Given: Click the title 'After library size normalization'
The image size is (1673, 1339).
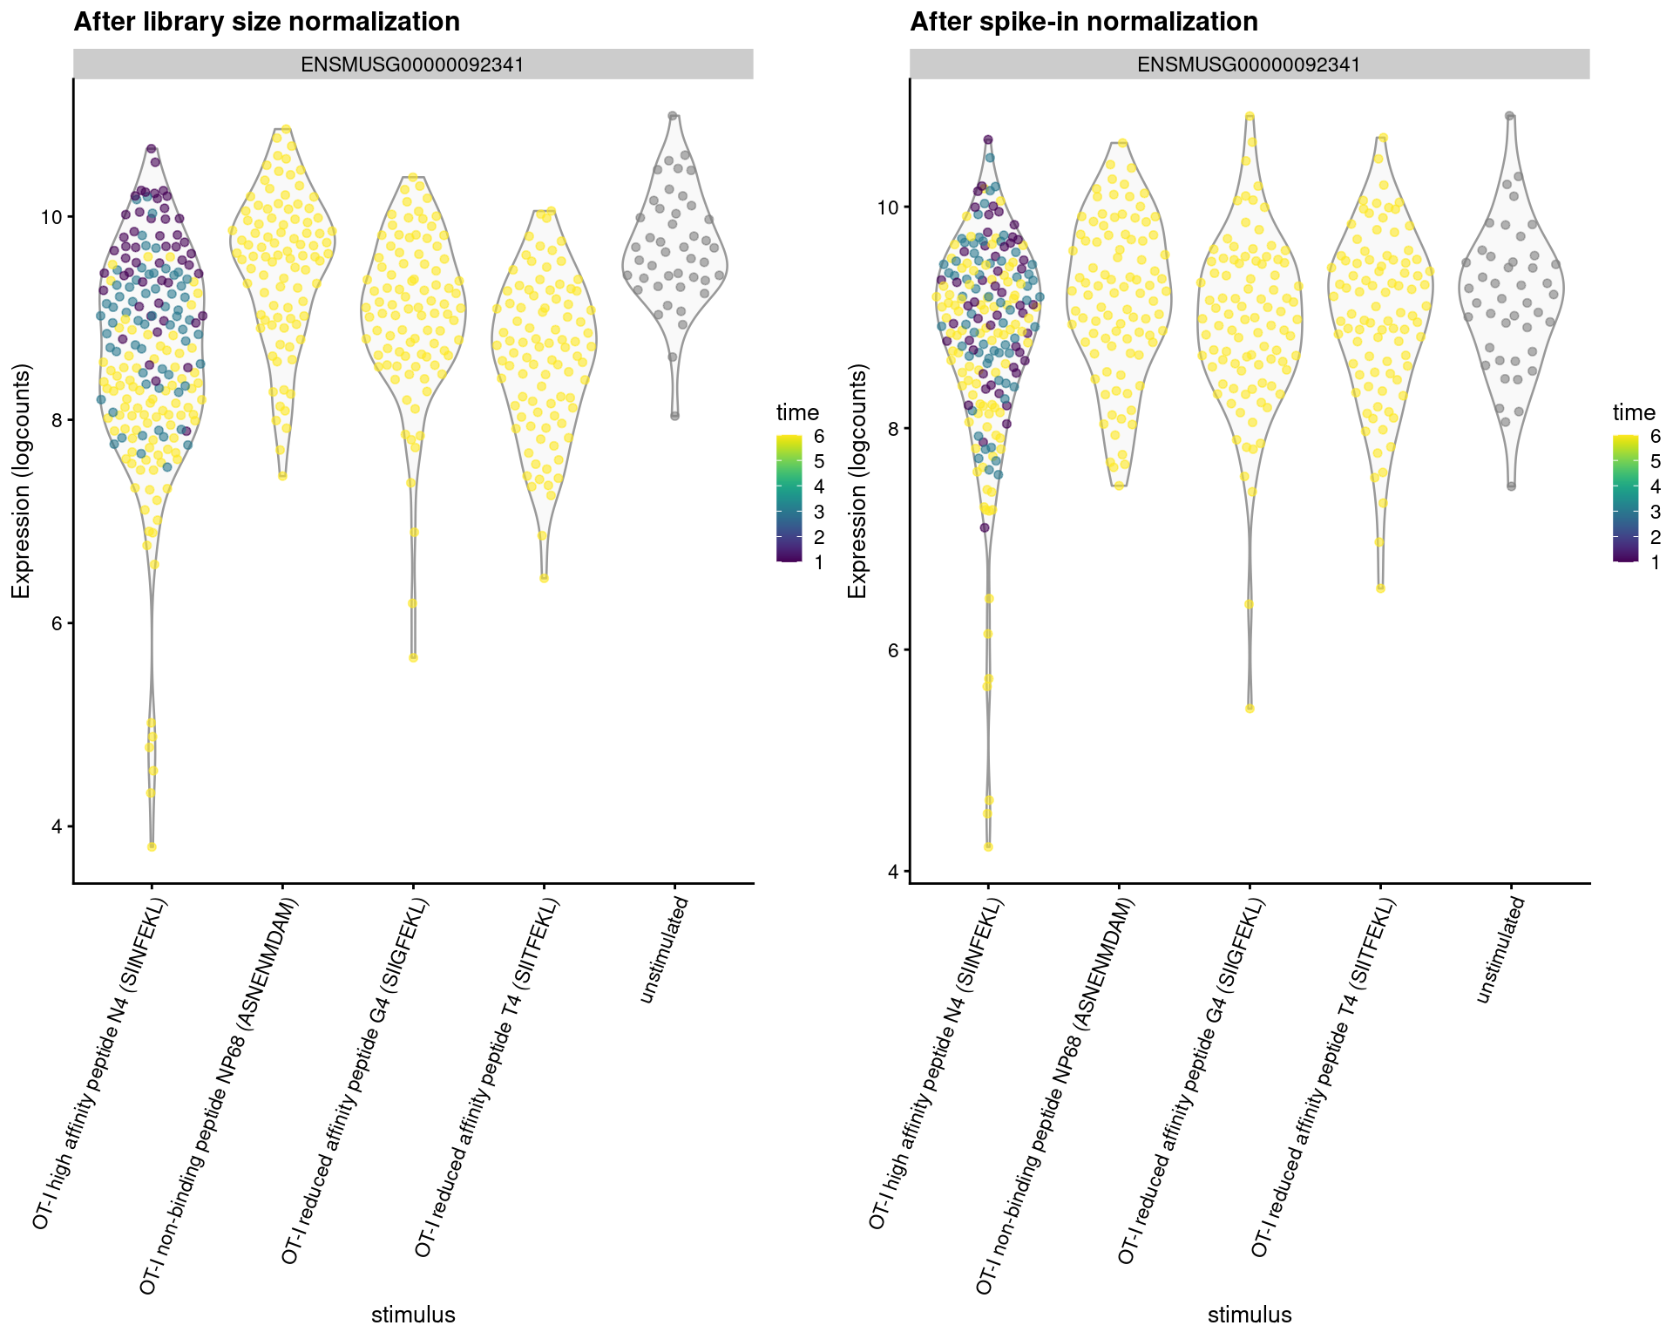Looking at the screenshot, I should coord(267,22).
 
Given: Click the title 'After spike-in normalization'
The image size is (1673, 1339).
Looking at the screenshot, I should coord(1083,22).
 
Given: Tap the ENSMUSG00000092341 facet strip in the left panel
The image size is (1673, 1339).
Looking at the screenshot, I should coord(412,65).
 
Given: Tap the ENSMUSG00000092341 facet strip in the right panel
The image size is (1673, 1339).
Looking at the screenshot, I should coord(1249,65).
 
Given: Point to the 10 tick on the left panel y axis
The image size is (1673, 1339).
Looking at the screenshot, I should coord(55,216).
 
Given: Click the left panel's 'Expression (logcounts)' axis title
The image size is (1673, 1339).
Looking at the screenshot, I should coord(21,482).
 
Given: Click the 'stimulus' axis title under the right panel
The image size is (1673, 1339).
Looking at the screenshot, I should coord(1249,1315).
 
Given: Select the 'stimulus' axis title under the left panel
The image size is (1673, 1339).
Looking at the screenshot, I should coord(413,1315).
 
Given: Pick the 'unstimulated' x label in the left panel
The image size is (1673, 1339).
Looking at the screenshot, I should coord(664,950).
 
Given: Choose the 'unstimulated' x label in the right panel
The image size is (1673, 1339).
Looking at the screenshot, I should coord(1500,950).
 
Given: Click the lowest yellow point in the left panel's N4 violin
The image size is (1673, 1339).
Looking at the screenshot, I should coord(152,846).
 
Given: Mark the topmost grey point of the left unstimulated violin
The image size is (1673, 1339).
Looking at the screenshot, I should coord(673,115).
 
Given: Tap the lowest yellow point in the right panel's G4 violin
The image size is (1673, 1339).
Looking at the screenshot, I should coord(1250,709).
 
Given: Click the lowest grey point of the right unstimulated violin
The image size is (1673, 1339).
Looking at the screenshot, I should coord(1512,486).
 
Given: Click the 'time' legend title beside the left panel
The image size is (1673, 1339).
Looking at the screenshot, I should coord(797,412).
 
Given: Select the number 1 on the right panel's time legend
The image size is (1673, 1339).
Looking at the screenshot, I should coord(1656,563).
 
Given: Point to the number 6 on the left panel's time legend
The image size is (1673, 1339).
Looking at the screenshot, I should coord(819,436).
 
